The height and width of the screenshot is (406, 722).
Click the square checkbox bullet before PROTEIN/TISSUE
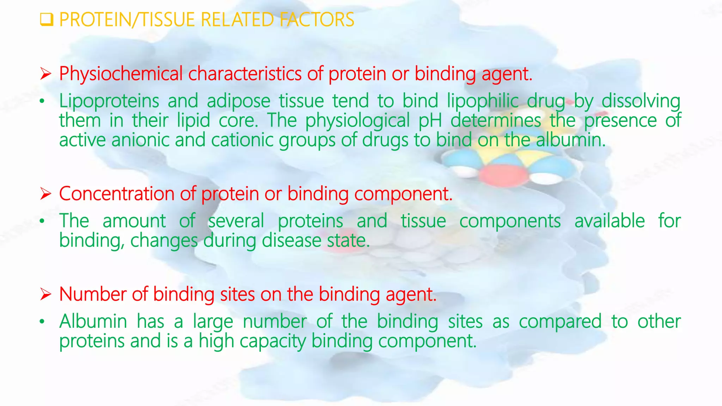pos(46,20)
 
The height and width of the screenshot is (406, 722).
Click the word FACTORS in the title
pos(317,20)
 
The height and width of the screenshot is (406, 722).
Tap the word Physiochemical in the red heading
pos(121,74)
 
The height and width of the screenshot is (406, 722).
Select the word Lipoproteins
pos(109,101)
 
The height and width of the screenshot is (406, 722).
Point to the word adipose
pos(238,101)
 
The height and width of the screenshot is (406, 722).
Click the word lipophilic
pos(483,101)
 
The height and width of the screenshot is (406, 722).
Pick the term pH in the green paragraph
pos(430,121)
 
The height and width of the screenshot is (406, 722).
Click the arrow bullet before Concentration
pos(45,194)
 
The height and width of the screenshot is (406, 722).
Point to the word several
pos(236,221)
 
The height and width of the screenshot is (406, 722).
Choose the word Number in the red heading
pos(92,294)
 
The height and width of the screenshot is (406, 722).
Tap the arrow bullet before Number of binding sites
pos(45,294)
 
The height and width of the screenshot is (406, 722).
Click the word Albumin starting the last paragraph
pos(93,321)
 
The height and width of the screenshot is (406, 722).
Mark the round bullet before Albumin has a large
pos(42,321)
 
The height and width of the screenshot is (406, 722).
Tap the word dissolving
pos(641,101)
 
